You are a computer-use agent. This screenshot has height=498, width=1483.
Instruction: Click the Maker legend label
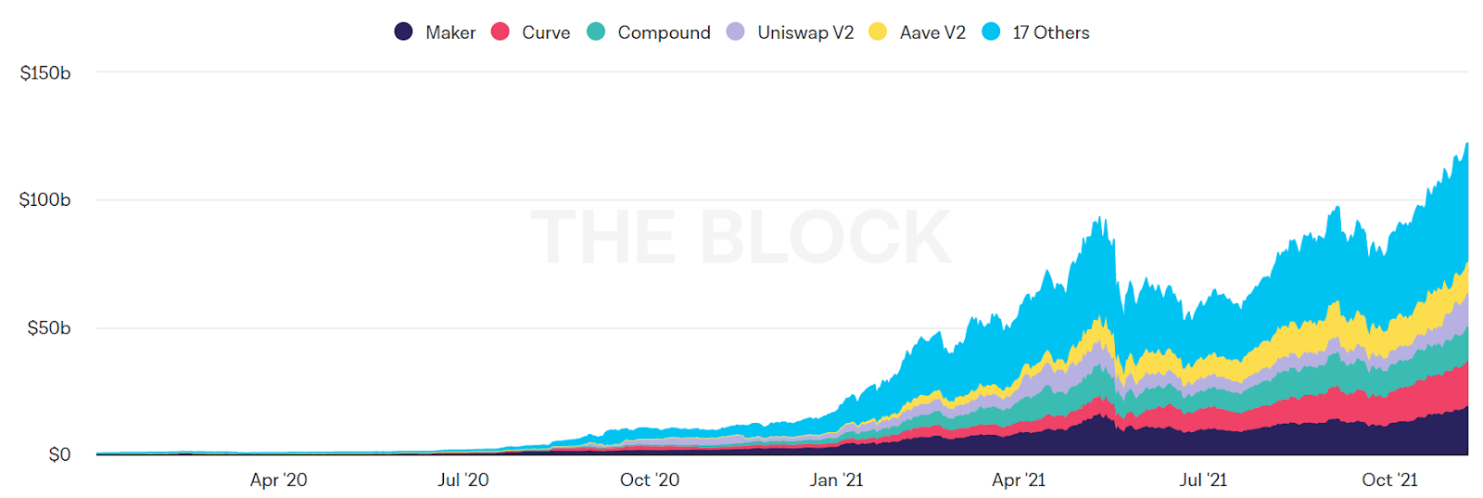(450, 32)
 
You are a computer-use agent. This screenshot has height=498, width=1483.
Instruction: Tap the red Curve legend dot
(501, 32)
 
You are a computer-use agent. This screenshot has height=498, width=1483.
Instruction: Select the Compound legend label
(664, 32)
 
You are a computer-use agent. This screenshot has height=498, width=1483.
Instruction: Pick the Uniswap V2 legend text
(805, 32)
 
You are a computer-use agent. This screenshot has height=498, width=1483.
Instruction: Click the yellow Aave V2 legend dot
(878, 32)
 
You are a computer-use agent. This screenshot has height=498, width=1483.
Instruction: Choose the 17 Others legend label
(1051, 32)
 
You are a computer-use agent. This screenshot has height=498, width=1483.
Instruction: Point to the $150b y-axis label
(45, 72)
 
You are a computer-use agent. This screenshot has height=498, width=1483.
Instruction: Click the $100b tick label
(44, 199)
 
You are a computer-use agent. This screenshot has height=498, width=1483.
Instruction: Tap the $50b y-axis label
(48, 327)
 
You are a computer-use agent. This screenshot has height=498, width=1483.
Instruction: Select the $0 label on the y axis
(59, 454)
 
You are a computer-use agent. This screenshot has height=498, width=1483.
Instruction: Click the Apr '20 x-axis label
(278, 479)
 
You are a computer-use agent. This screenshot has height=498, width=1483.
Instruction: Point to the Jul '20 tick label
(463, 479)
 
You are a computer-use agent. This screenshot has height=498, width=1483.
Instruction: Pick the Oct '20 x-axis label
(649, 479)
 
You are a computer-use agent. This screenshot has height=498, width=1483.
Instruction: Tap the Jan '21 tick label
(836, 479)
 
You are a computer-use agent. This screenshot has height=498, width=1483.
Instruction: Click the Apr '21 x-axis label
(1018, 479)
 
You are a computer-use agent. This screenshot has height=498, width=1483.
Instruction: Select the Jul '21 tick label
(1203, 479)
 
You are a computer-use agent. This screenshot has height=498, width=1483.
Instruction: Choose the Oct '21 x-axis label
(1389, 479)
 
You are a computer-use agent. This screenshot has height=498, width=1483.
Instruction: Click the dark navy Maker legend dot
(403, 32)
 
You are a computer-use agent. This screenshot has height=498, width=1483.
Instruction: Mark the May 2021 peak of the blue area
(1098, 219)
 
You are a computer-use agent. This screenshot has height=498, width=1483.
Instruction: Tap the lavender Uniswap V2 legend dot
(735, 32)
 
